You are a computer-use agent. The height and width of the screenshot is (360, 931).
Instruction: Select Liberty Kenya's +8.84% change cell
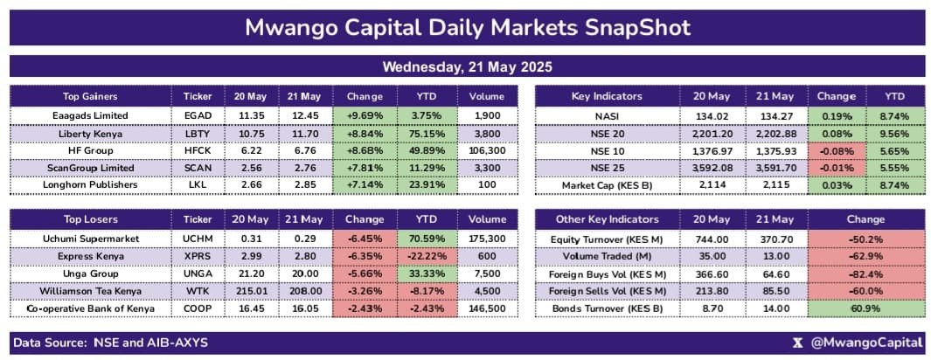pos(365,133)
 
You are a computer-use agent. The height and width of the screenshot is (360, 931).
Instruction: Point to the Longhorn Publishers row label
pos(90,185)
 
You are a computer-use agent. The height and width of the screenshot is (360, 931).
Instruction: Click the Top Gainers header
pos(90,96)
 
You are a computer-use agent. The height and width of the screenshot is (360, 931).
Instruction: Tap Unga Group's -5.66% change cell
pos(365,273)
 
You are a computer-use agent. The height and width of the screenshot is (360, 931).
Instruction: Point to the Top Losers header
pos(90,219)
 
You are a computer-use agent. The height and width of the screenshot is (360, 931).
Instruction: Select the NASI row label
pos(606,115)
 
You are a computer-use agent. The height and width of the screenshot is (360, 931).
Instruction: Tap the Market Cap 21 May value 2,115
pos(775,185)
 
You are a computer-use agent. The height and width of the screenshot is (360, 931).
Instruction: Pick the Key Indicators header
pos(606,96)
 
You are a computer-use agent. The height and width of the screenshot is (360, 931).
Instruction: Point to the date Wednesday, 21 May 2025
pos(466,66)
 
